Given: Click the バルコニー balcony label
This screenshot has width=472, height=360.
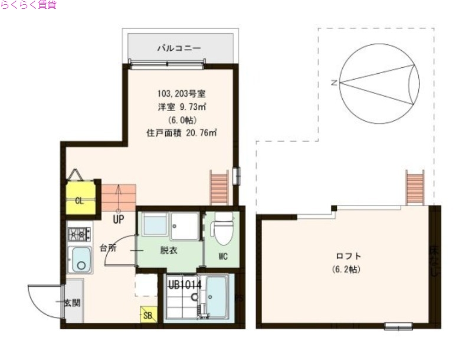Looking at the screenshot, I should point(179,48).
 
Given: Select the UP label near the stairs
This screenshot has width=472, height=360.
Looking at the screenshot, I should point(118,220).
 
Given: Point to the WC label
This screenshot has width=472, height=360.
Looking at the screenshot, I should point(223,256).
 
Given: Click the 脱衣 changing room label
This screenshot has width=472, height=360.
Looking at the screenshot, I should point(169,250).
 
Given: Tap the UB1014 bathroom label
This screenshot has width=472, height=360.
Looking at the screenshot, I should point(185,284).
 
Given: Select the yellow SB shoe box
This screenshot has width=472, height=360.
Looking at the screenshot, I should point(147,315).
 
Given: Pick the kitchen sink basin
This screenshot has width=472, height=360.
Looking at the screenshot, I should point(79,260).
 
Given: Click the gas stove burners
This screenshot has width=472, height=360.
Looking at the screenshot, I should point(78,234).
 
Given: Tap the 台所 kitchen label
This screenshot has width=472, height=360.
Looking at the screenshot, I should point(107,248).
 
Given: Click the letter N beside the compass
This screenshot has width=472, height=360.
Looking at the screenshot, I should point(334,83).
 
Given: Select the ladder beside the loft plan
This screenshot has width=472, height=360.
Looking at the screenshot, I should point(414,187).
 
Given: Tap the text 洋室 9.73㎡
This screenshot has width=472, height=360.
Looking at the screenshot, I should point(181,106).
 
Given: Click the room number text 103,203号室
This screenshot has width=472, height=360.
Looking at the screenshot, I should point(181,93).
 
